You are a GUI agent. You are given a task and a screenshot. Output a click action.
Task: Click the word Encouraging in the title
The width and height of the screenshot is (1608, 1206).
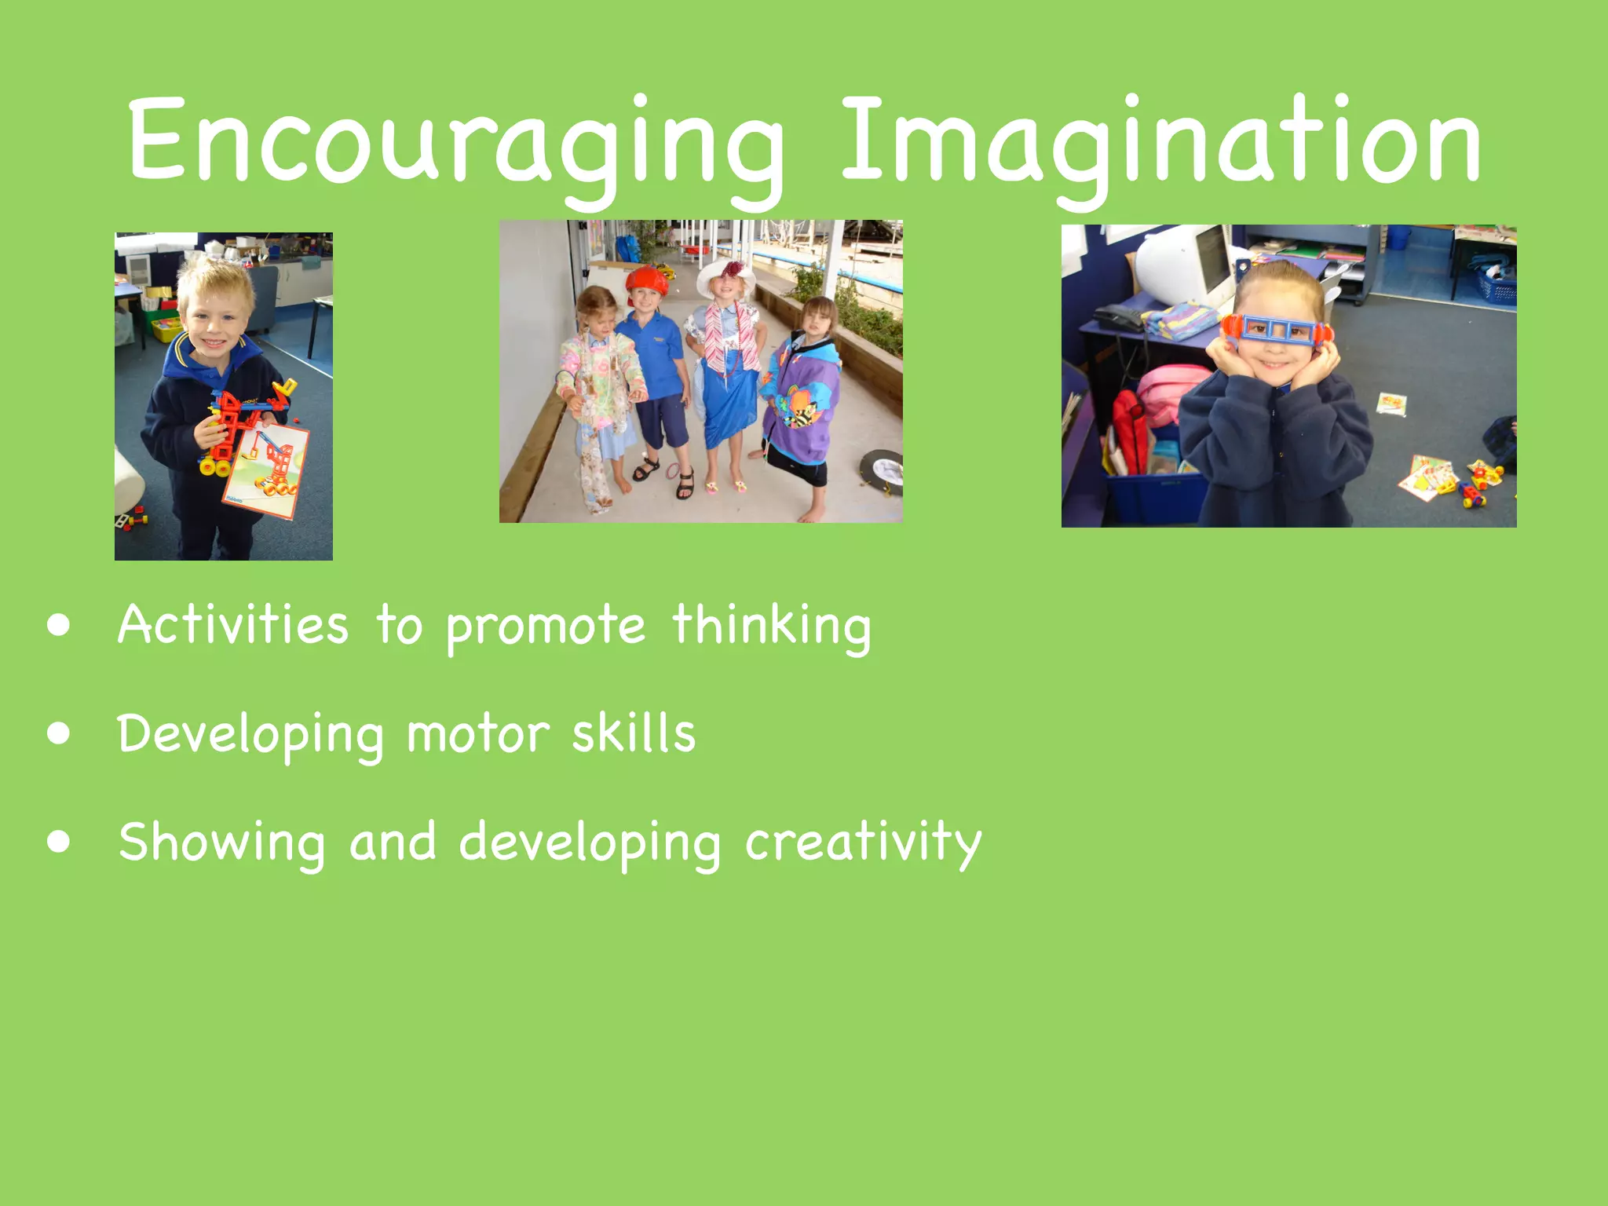[x=455, y=141]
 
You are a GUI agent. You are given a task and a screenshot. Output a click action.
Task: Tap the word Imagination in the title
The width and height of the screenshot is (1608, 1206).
[x=1160, y=141]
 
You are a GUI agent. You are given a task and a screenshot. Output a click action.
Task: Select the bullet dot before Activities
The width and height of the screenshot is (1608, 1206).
[x=59, y=626]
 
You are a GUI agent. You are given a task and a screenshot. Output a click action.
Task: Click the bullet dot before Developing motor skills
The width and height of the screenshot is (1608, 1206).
[x=59, y=733]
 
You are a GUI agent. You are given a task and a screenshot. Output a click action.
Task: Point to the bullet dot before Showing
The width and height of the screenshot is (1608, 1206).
[x=59, y=842]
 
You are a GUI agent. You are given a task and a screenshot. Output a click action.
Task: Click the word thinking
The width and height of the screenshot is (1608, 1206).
[x=772, y=626]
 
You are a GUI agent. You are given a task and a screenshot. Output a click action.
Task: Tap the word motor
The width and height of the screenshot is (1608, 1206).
[x=478, y=733]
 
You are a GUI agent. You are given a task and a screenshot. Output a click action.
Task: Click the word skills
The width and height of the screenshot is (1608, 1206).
[x=634, y=733]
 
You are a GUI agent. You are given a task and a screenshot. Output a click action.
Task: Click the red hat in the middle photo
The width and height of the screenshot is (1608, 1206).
[x=647, y=280]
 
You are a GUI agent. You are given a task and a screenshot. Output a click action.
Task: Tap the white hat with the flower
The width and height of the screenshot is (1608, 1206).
[x=727, y=275]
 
